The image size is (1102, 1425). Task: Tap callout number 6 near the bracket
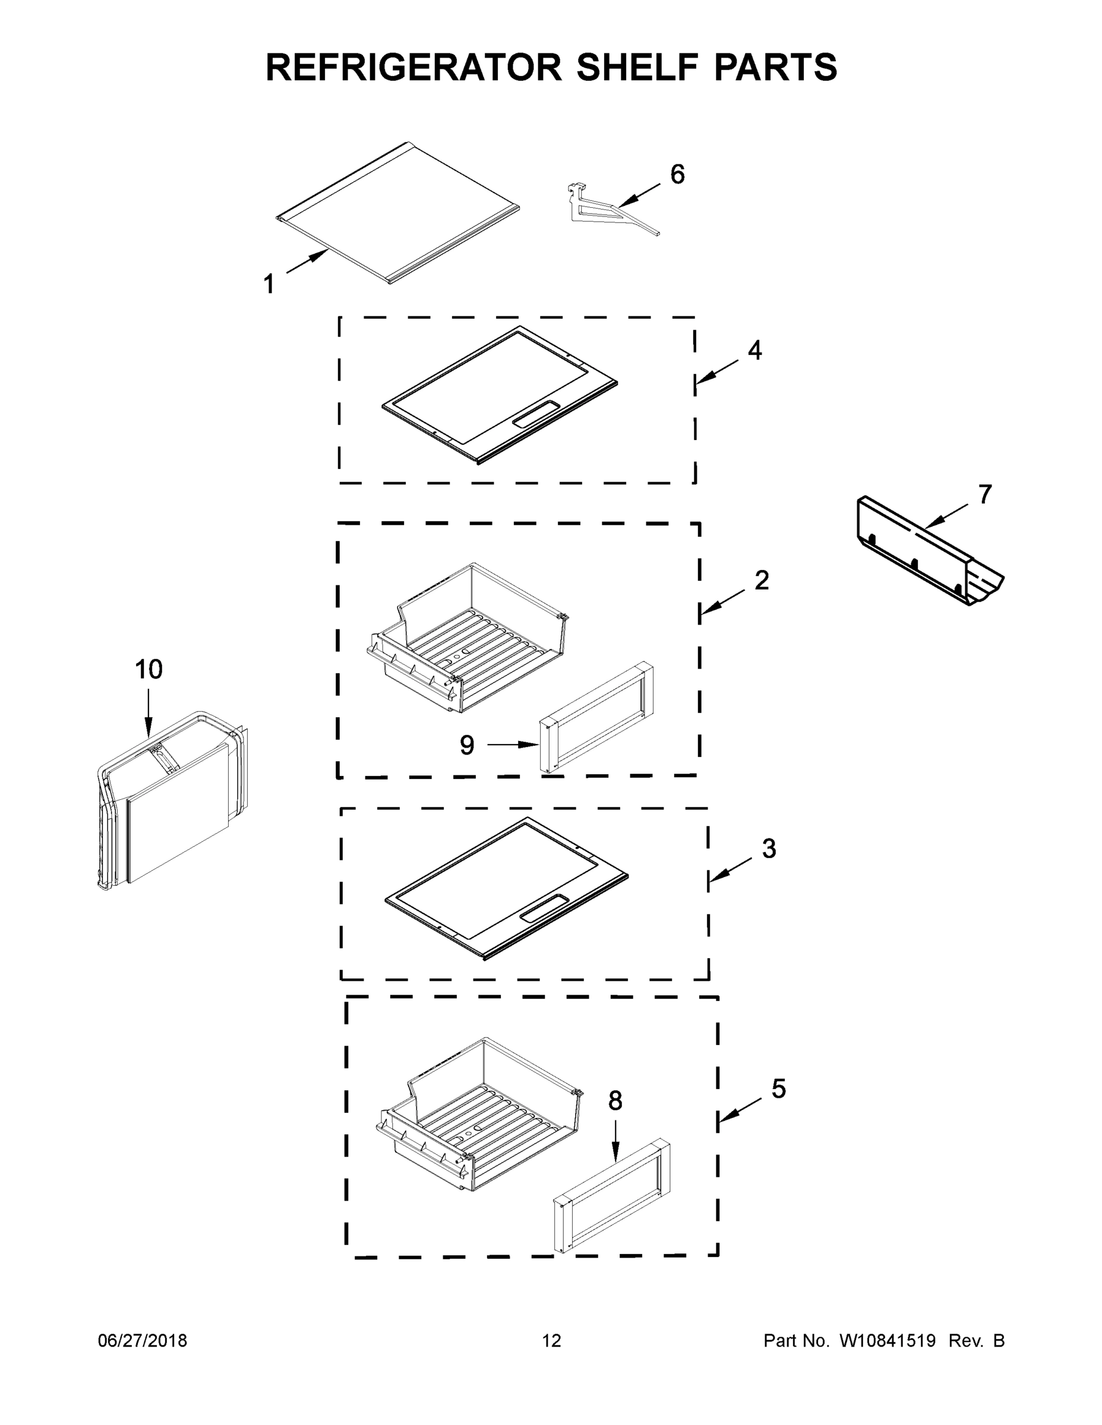point(677,175)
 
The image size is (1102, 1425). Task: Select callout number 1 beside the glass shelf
point(269,284)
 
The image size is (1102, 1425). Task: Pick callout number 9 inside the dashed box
point(466,745)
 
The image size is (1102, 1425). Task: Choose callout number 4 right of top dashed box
point(754,351)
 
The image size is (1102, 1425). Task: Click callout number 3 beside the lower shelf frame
point(769,849)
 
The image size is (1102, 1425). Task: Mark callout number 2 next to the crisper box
point(761,580)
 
